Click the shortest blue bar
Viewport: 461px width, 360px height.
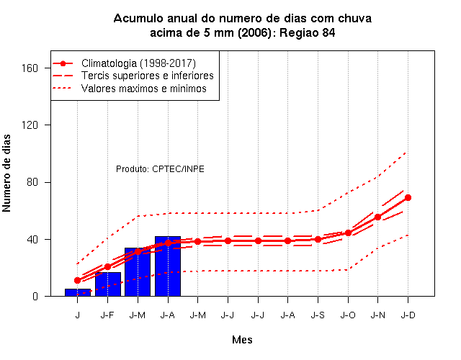tap(78, 292)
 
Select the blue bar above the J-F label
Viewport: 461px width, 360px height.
tap(108, 284)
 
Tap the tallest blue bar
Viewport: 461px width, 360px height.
tap(168, 266)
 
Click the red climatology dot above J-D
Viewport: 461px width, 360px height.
tap(408, 197)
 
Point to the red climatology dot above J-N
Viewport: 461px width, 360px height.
tap(377, 217)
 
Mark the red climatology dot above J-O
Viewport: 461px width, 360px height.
tap(348, 233)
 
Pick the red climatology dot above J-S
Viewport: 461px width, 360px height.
tap(318, 240)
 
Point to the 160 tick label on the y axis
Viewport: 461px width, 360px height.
tap(30, 68)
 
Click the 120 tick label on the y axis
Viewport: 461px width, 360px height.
tap(30, 125)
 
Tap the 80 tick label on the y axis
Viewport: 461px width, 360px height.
tap(32, 182)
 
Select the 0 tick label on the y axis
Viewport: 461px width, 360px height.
tap(35, 296)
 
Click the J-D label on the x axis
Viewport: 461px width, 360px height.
tap(408, 315)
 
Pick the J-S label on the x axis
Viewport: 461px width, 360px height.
tap(318, 315)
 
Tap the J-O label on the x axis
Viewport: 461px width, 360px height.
tap(348, 315)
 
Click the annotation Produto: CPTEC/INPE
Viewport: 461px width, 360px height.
tap(160, 169)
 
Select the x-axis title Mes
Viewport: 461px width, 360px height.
tap(242, 340)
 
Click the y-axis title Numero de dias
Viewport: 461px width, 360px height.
tap(6, 173)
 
